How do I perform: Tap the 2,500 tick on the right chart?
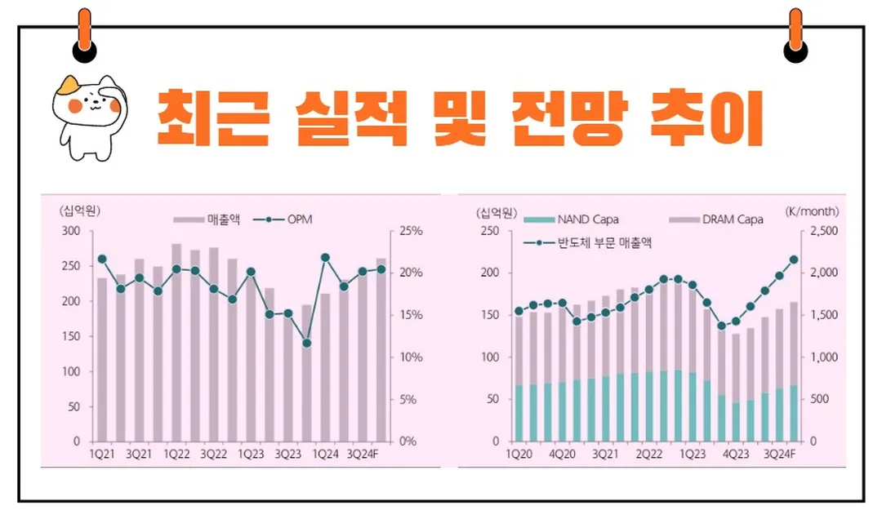[x=823, y=232]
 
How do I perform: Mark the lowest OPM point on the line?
[x=306, y=344]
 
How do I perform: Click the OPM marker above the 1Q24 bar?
[x=325, y=258]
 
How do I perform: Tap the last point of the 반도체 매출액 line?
[x=794, y=259]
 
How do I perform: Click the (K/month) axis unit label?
[x=812, y=211]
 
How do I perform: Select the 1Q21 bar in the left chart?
[x=102, y=359]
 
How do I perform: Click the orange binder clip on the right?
[x=795, y=37]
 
